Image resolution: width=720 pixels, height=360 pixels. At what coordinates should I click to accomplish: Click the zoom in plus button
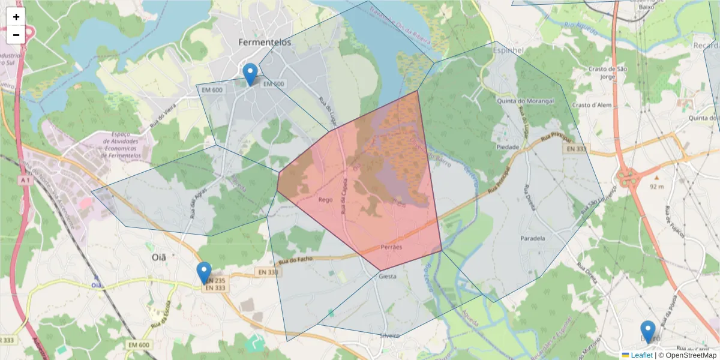coord(16,17)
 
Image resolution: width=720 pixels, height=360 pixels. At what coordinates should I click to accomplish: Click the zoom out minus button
coord(16,35)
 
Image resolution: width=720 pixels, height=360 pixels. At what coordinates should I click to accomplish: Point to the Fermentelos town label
coord(265,42)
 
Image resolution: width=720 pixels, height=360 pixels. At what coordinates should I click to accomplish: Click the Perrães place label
coord(391,247)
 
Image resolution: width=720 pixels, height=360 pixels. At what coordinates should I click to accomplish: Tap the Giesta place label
coord(388,277)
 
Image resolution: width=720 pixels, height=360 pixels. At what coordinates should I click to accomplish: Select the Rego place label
coord(325,200)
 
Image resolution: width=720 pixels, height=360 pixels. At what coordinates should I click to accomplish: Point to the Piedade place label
coord(508,146)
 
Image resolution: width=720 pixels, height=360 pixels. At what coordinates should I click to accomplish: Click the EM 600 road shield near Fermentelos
coord(212,90)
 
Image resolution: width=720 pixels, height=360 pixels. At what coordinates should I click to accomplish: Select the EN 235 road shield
coord(215,280)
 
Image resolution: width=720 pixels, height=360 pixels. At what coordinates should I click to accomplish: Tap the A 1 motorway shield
coord(24,179)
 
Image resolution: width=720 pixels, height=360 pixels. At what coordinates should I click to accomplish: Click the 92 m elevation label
coord(656,187)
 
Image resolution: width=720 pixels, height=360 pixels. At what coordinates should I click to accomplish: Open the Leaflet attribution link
coord(641,355)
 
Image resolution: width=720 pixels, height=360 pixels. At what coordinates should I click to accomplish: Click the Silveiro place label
coord(389,335)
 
